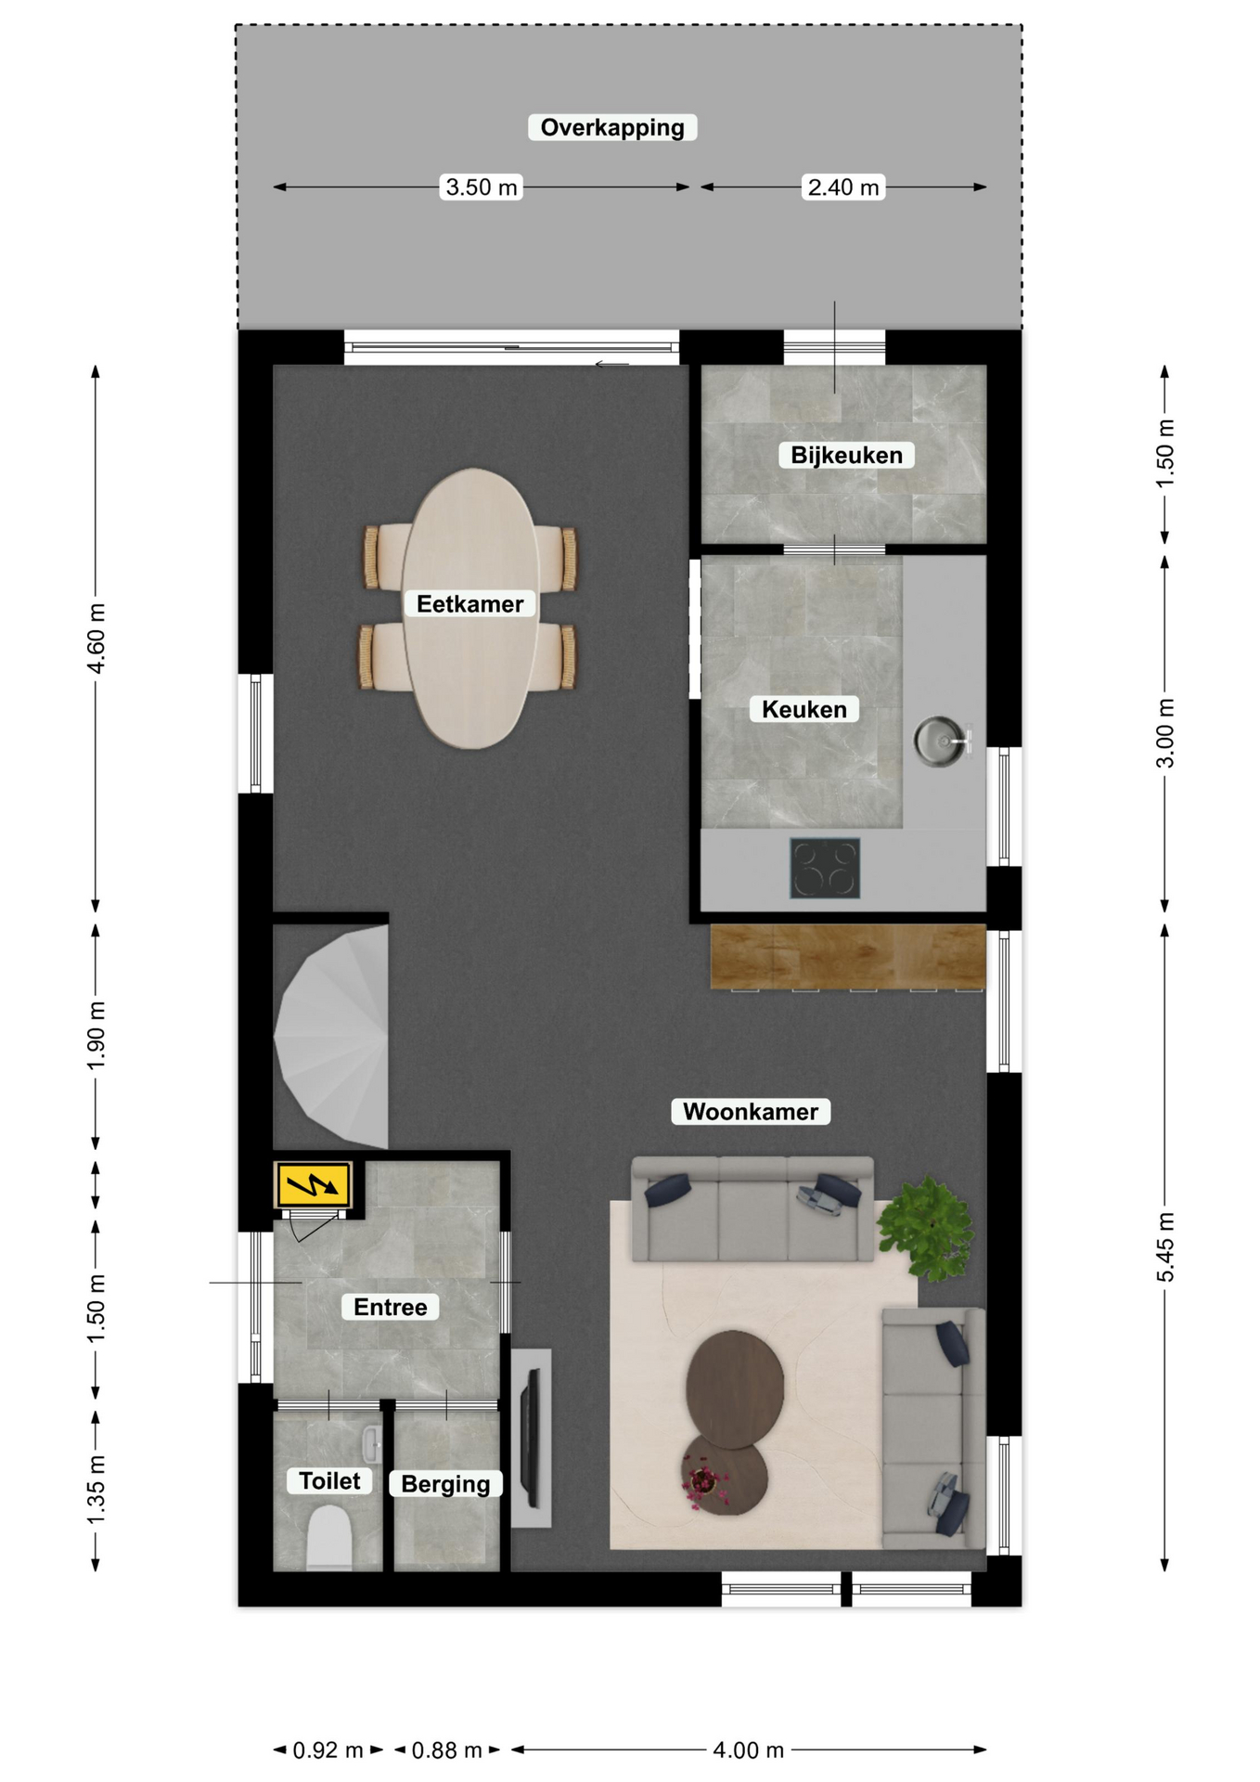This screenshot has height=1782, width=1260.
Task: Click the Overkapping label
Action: click(612, 127)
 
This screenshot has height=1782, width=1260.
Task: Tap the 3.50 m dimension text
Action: click(482, 187)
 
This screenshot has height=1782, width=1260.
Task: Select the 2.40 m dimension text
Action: click(843, 187)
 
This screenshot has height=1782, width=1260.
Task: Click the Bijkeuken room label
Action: click(846, 455)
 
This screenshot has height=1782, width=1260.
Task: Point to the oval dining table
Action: click(471, 608)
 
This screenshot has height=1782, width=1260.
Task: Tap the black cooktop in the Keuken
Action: click(825, 869)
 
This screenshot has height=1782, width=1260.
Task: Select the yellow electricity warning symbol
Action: click(313, 1185)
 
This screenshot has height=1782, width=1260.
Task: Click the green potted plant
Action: click(926, 1229)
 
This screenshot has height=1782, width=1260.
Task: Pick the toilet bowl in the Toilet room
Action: click(328, 1538)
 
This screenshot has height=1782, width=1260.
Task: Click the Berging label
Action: click(445, 1483)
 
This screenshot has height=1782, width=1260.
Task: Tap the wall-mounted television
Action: click(532, 1438)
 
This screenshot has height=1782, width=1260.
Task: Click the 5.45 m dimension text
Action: click(1165, 1247)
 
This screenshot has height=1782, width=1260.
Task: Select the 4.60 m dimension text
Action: click(96, 639)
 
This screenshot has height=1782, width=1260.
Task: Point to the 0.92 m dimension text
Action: click(328, 1750)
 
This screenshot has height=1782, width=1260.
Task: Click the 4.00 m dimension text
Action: click(748, 1750)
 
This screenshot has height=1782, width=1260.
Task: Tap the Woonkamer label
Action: click(751, 1111)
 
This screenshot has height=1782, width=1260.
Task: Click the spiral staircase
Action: click(332, 1037)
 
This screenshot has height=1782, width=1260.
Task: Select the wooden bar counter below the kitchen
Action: click(848, 956)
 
